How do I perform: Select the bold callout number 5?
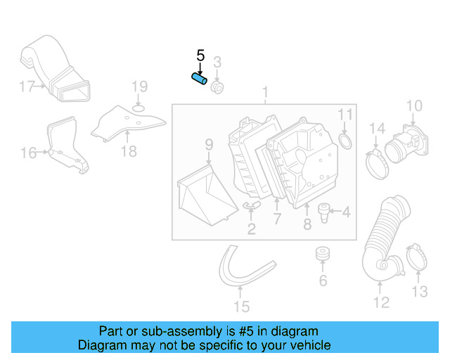coord(200,56)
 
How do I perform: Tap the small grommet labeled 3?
coord(218,88)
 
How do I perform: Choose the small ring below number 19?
coord(139,107)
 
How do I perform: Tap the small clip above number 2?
coord(250,206)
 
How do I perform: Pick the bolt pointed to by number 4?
coord(325,210)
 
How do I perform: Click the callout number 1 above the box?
coord(265,92)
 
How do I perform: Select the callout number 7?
coord(277,219)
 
